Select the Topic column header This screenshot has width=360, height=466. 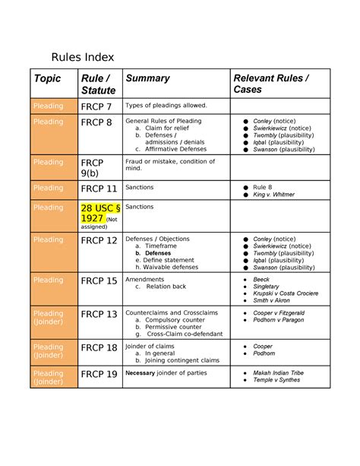tap(46, 78)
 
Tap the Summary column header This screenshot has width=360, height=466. tap(147, 78)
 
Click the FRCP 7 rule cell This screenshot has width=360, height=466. tap(96, 106)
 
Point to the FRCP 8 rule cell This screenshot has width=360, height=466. tap(96, 122)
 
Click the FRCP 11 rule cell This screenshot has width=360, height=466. tap(99, 189)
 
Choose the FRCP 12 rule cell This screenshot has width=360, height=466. tap(99, 240)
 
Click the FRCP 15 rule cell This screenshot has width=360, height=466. tap(99, 281)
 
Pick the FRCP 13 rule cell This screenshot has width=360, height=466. tap(99, 314)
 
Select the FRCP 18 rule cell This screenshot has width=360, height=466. tap(99, 347)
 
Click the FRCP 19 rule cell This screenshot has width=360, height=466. tap(99, 374)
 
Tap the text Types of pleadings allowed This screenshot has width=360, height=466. tap(166, 106)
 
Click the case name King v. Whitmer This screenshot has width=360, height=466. tap(274, 195)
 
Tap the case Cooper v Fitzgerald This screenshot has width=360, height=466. tap(279, 312)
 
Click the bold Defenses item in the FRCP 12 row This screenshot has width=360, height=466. tap(157, 253)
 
